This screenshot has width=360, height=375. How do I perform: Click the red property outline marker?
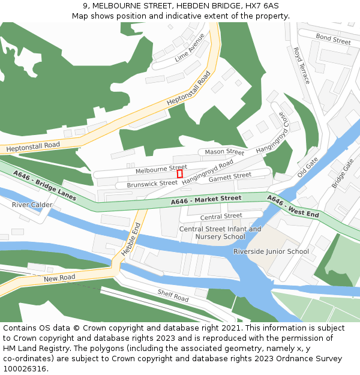[x=179, y=173]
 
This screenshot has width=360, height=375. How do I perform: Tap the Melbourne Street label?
[x=161, y=169]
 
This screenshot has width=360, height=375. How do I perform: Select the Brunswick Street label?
[x=152, y=184]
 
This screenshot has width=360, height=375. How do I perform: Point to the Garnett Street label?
[x=230, y=177]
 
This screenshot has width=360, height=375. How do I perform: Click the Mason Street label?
[x=224, y=152]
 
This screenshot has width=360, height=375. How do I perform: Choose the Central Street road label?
[x=221, y=216]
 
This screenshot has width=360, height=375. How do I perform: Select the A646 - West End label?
[x=293, y=207]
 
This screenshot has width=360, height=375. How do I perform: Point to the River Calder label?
[x=32, y=205]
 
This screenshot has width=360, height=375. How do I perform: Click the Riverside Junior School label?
[x=271, y=251]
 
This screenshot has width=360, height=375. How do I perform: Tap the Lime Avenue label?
[x=190, y=49]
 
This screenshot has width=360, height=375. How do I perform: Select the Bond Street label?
[x=333, y=40]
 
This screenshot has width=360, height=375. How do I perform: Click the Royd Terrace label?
[x=301, y=65]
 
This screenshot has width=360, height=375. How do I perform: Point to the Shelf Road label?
[x=173, y=295]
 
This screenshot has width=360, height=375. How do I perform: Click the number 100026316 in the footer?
[x=25, y=368]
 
